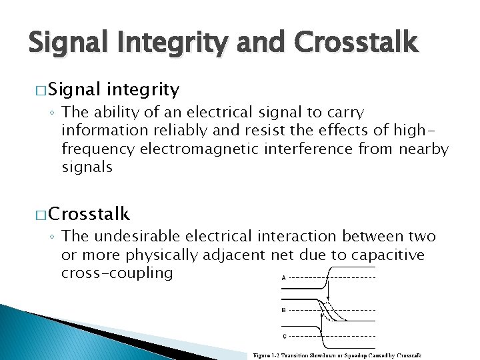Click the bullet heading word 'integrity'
pos(142,89)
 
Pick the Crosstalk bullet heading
pos(89,214)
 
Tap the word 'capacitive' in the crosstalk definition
pos(391,255)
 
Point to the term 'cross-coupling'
pos(117,273)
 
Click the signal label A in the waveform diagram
pos(285,277)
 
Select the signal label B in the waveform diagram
pos(285,309)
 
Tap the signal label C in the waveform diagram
pos(285,335)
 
